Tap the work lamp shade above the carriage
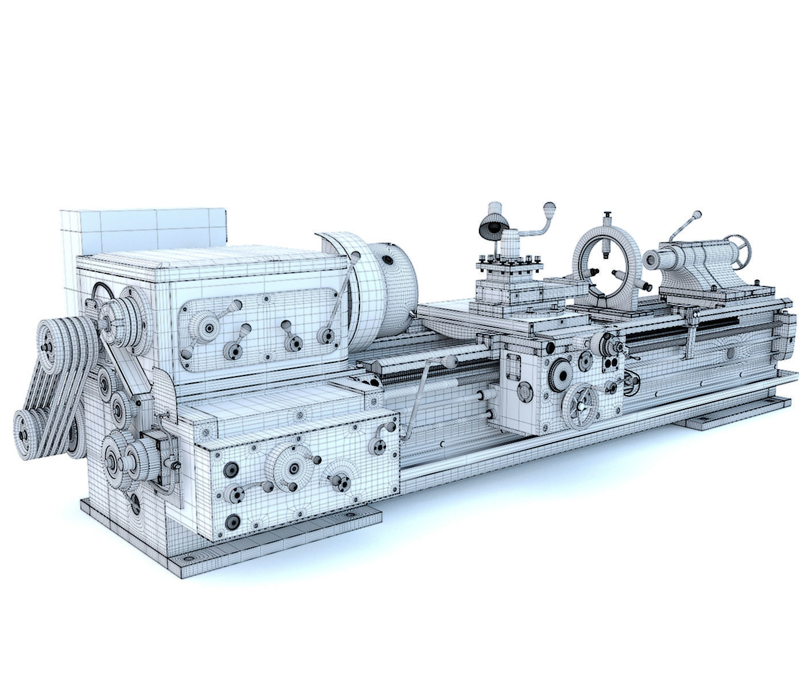pyautogui.click(x=492, y=227)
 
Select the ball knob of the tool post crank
pyautogui.click(x=550, y=206)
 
